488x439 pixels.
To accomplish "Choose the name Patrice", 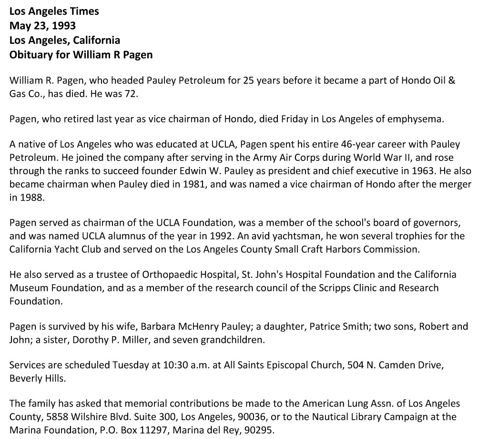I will [325, 327].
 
